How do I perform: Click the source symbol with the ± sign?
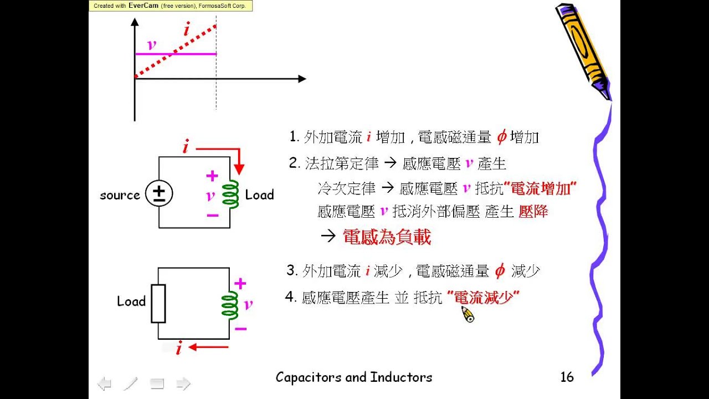pos(159,194)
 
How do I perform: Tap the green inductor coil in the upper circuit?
pos(230,194)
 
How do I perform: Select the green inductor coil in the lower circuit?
pos(229,305)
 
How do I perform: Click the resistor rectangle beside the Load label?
pos(158,303)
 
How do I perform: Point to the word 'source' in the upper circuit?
pos(120,195)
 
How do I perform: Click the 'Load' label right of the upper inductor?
pos(259,195)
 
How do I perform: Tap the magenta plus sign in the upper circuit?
pos(212,176)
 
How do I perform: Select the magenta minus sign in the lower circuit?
pos(241,329)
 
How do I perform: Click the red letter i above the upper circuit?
pos(186,148)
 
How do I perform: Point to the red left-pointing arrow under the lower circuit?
pos(208,347)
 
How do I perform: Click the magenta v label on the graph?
pos(151,45)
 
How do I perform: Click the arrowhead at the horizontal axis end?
pos(302,79)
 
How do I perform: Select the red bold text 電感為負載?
pos(387,237)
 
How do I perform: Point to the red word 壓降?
pos(533,212)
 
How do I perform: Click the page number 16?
pos(567,377)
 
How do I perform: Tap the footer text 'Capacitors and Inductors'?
pos(354,377)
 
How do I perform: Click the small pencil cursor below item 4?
pos(468,315)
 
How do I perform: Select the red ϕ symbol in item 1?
pos(501,137)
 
